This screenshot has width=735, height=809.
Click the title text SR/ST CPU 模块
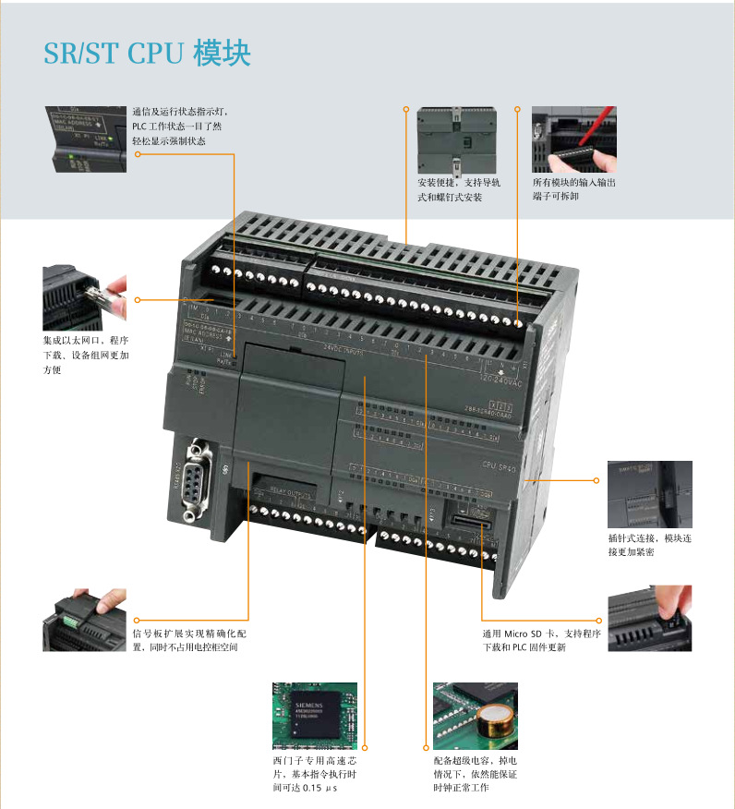(x=147, y=53)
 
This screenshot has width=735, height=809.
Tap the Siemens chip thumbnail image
(x=314, y=717)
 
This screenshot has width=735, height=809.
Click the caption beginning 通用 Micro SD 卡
(x=542, y=640)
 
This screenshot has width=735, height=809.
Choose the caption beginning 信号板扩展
(x=189, y=640)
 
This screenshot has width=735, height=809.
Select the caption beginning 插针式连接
(x=649, y=544)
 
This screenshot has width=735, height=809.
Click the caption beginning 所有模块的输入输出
(x=573, y=189)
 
